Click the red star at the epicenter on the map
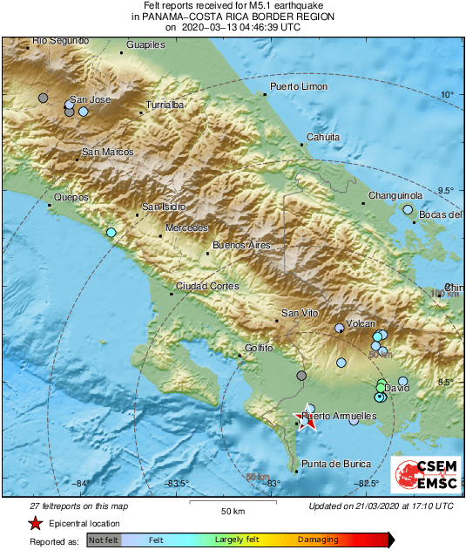[x=307, y=422]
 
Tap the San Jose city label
[x=91, y=100]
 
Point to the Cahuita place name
[x=322, y=137]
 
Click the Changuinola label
[x=395, y=196]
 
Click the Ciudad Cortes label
[x=202, y=286]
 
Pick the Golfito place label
[x=259, y=348]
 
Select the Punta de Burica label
[x=335, y=464]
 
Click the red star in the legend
[x=35, y=524]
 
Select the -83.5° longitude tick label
[x=178, y=484]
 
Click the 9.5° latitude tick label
[x=448, y=190]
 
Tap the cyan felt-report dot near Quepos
[x=111, y=233]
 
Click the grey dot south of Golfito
[x=301, y=376]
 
